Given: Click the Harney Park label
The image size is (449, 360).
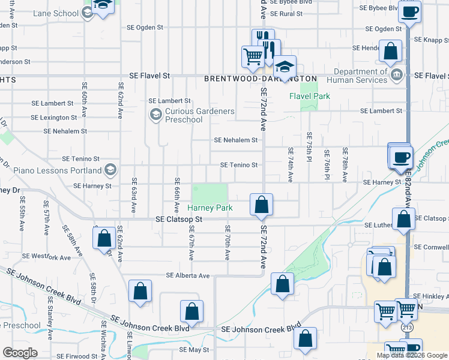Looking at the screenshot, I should pos(210,208).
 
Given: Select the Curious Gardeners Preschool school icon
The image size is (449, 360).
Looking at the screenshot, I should pos(156,114).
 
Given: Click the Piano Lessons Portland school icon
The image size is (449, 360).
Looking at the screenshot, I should pos(110,170).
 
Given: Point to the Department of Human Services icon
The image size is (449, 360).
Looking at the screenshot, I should pos(396,75).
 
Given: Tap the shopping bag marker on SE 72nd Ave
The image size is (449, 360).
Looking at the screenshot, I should pos(262,205).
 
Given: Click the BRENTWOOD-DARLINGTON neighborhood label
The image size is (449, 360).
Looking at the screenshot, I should pos(260,79).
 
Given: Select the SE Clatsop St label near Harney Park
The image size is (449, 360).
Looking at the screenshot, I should pos(179,220).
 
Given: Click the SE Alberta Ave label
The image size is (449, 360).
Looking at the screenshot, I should pos(188,275).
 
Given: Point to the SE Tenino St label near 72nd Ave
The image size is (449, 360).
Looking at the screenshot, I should pos(239,165).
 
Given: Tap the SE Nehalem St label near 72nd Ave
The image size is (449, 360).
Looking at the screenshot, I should pos(236,140).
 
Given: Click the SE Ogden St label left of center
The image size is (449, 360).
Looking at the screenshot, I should pos(145,28).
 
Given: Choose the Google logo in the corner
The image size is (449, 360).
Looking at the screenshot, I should pos(20,353).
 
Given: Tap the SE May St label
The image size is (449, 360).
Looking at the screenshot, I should pos(193,349).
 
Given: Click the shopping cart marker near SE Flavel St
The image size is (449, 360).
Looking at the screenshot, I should pos(253,57).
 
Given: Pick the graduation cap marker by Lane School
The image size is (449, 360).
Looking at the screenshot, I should pos(103,6).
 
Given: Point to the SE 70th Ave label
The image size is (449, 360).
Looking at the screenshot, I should pos(228,242).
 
